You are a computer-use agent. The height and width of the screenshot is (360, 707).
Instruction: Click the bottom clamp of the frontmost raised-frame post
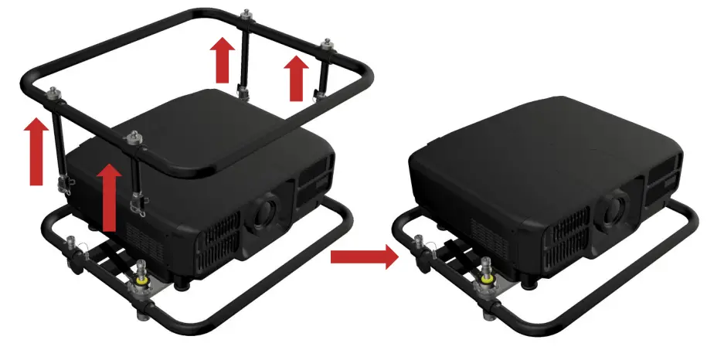[x=140, y=202]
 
